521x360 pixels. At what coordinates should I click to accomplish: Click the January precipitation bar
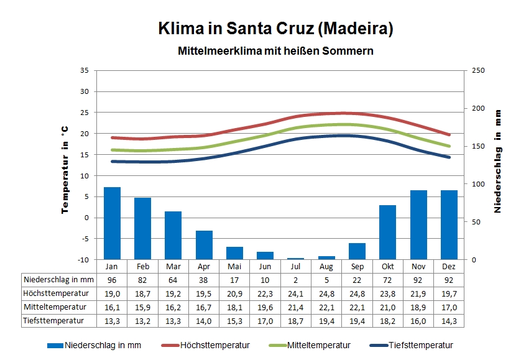[112, 223]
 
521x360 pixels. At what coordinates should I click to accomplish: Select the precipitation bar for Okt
[388, 232]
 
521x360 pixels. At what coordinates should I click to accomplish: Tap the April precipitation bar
[204, 245]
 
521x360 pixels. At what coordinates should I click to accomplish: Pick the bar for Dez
[449, 224]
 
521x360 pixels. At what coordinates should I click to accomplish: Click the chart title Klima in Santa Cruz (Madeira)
[276, 29]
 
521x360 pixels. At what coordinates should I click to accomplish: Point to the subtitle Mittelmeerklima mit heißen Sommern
[276, 50]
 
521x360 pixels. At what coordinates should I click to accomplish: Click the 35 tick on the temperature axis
[85, 70]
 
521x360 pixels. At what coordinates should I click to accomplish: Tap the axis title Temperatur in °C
[65, 168]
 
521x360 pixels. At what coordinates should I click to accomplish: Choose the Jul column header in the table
[296, 265]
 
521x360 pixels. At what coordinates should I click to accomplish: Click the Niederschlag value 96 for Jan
[112, 280]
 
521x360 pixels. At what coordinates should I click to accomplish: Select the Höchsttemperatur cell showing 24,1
[296, 293]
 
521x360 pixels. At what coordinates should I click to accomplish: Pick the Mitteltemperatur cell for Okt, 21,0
[388, 307]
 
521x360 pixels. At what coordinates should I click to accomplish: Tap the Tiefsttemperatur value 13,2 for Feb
[142, 321]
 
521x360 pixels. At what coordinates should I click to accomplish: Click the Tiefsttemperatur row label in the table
[53, 321]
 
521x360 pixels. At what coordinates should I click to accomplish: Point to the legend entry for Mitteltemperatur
[311, 345]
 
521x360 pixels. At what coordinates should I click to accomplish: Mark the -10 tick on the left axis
[84, 259]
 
